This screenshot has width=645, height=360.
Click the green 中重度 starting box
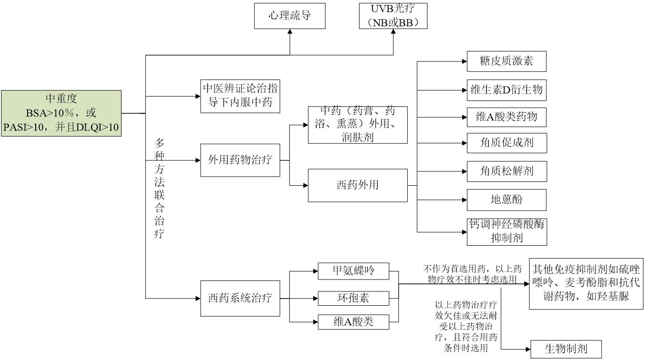pyautogui.click(x=61, y=113)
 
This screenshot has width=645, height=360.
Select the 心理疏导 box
pyautogui.click(x=290, y=16)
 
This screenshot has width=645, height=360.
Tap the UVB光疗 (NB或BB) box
pyautogui.click(x=393, y=16)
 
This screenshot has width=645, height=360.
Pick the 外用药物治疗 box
pyautogui.click(x=240, y=160)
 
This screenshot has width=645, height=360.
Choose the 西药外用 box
pyautogui.click(x=357, y=185)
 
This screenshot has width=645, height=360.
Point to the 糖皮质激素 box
pyautogui.click(x=506, y=61)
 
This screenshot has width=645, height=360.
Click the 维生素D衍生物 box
pyautogui.click(x=506, y=90)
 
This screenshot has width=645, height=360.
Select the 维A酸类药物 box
pyautogui.click(x=506, y=117)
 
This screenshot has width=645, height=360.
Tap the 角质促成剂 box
pyautogui.click(x=506, y=143)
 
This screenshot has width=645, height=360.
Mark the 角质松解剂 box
pyautogui.click(x=506, y=171)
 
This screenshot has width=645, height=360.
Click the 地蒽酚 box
pyautogui.click(x=506, y=200)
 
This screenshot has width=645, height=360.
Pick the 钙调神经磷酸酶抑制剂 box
pyautogui.click(x=506, y=231)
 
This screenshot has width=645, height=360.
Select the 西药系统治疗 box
pyautogui.click(x=240, y=299)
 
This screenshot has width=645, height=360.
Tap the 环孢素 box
pyautogui.click(x=353, y=299)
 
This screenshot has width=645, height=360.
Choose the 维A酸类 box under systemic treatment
pyautogui.click(x=353, y=322)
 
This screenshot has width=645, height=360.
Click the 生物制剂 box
pyautogui.click(x=566, y=349)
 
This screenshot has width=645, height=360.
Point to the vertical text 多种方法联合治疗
pyautogui.click(x=160, y=189)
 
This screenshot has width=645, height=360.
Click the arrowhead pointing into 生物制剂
pyautogui.click(x=527, y=349)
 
